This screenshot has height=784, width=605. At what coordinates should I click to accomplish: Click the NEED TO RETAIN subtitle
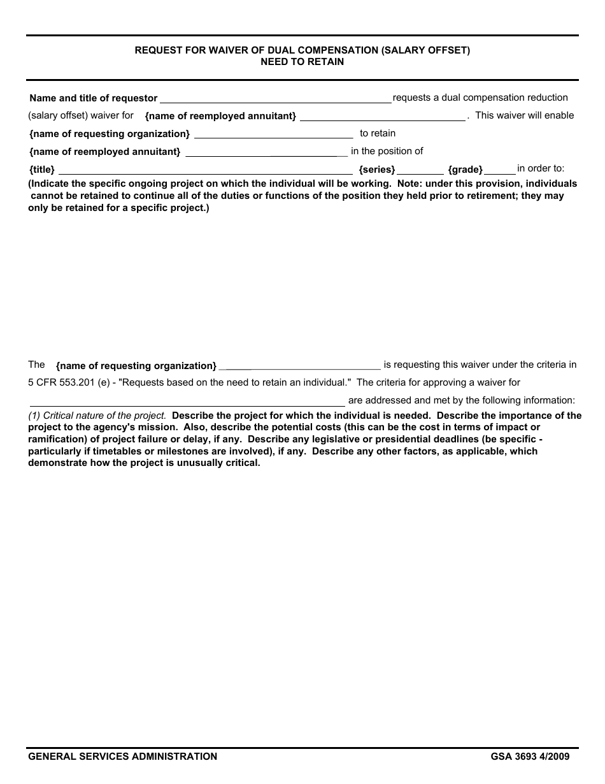click(x=302, y=62)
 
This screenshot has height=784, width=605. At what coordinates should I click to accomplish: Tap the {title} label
click(x=42, y=170)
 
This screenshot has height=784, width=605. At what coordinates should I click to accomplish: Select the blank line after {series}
click(x=420, y=171)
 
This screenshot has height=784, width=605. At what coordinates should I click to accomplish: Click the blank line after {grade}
click(x=501, y=171)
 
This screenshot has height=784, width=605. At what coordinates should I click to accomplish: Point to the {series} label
click(x=377, y=170)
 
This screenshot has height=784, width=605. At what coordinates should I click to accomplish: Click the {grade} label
click(x=465, y=170)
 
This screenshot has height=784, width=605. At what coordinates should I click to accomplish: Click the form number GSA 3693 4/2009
click(x=530, y=757)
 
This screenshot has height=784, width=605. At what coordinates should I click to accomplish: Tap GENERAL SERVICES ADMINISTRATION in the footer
click(x=122, y=757)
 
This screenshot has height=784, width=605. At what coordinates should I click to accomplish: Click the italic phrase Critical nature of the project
click(x=104, y=416)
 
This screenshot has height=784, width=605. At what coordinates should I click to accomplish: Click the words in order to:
click(x=540, y=168)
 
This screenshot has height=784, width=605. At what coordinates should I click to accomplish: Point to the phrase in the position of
click(x=387, y=151)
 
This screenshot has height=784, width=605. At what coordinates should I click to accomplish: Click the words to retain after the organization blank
click(x=377, y=133)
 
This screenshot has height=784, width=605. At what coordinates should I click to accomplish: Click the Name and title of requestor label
click(x=94, y=98)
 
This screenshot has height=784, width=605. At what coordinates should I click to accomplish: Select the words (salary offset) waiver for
click(x=81, y=115)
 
